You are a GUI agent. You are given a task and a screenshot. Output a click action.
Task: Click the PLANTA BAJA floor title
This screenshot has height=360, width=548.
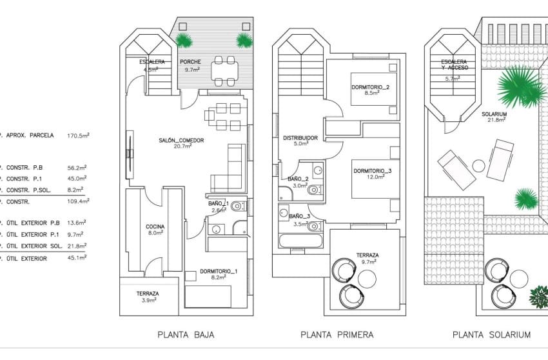point(186,335)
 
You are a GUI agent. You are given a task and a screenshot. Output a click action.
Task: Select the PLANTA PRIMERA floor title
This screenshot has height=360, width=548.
point(337,335)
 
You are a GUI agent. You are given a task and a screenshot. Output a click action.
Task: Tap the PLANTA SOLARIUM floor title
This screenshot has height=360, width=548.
point(491,335)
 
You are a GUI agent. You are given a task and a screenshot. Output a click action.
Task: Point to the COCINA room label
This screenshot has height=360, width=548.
point(155,226)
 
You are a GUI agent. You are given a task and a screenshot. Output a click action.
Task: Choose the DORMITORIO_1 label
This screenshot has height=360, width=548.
point(219,271)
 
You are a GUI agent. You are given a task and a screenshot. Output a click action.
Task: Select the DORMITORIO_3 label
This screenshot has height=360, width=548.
point(373,171)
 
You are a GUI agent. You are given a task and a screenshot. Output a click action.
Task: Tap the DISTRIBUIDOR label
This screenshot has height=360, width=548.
point(300,137)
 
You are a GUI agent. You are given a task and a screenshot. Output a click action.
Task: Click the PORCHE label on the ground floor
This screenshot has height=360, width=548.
point(191,62)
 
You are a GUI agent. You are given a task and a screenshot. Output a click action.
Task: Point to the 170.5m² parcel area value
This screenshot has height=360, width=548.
point(77,135)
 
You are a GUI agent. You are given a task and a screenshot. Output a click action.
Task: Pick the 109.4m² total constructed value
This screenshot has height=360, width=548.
point(77,201)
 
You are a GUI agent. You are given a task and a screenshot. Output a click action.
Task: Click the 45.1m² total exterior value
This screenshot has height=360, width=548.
point(77,258)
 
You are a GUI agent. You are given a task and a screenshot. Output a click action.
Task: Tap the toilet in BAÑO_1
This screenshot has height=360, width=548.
point(237,206)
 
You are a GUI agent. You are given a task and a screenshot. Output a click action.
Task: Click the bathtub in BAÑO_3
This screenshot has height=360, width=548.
point(301,242)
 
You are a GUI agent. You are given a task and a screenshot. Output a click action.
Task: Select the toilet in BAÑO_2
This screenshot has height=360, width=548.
point(313,190)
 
